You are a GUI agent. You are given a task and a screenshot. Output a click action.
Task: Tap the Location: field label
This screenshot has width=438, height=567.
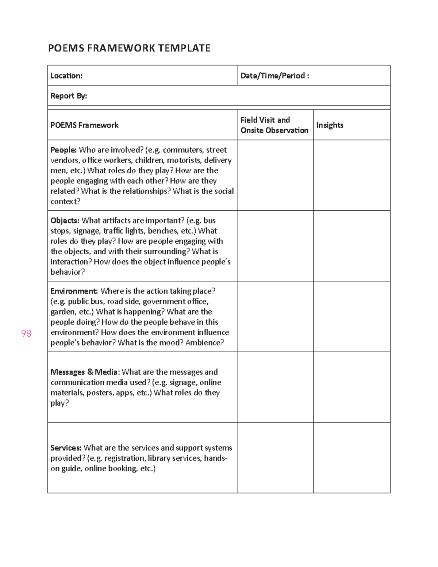[66, 76]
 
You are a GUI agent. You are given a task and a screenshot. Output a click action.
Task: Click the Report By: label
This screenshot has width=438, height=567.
[69, 96]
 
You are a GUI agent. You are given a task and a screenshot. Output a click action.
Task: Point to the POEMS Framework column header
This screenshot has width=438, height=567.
[84, 125]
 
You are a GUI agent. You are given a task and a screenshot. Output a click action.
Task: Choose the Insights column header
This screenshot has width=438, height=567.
[330, 125]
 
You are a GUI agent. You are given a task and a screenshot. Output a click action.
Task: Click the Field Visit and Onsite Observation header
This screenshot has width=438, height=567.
[274, 125]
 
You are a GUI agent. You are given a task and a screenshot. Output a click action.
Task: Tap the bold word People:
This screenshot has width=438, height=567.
[64, 150]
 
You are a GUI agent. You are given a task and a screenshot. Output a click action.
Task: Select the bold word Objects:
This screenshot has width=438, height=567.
[65, 221]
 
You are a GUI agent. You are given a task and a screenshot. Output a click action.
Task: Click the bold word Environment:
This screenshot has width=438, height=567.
[74, 291]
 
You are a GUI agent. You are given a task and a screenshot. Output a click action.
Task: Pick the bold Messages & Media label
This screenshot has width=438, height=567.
[84, 372]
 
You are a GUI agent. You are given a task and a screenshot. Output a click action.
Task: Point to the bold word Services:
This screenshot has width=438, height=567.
[66, 448]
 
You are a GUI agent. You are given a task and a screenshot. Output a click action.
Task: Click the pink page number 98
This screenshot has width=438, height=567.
[26, 333]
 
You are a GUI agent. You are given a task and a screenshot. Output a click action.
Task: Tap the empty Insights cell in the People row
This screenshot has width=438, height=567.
[351, 175]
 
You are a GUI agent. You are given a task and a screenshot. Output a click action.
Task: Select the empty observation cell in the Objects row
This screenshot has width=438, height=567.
[275, 246]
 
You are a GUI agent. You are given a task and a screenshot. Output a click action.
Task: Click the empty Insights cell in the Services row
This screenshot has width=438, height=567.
[351, 457]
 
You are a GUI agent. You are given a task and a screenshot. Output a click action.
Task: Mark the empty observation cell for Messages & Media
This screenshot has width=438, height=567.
[275, 387]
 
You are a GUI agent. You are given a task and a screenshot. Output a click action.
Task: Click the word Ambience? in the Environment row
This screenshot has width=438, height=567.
[204, 343]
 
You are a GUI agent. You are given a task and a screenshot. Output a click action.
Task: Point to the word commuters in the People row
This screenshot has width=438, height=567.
[182, 150]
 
